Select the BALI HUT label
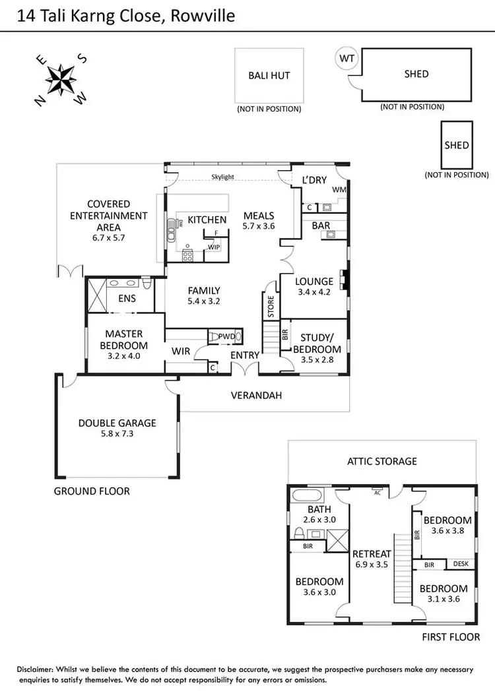269,75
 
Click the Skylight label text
222,177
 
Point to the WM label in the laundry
339,190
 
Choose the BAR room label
321,226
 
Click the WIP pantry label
213,247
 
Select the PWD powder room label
226,336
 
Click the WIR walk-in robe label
181,351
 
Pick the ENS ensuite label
127,299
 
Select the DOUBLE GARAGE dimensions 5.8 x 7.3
117,434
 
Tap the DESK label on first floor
459,564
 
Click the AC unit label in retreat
378,493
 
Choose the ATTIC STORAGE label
382,461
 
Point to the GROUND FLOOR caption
92,491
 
